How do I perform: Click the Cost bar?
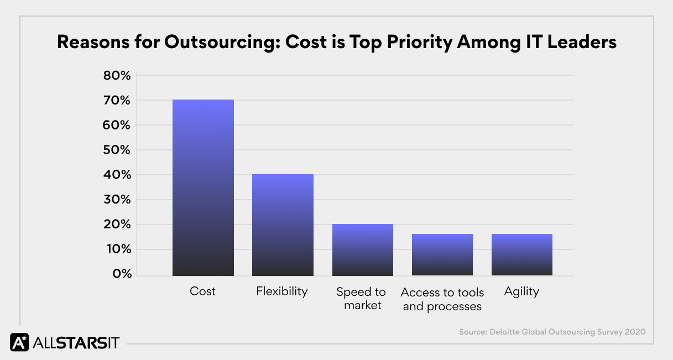[x=203, y=187]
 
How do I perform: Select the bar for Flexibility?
[x=283, y=225]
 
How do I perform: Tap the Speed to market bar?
[x=362, y=249]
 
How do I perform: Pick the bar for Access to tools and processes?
[x=442, y=254]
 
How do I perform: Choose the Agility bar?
[x=521, y=254]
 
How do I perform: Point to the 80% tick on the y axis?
[x=117, y=76]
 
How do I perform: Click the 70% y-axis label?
[x=117, y=101]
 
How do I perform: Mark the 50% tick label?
[x=117, y=150]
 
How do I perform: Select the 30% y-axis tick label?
[x=117, y=200]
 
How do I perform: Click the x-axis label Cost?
[x=202, y=291]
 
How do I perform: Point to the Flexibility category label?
[x=282, y=291]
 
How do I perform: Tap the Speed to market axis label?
[x=362, y=299]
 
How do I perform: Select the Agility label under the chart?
[x=521, y=291]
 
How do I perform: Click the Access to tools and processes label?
[x=442, y=299]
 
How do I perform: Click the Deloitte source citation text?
[x=552, y=332]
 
